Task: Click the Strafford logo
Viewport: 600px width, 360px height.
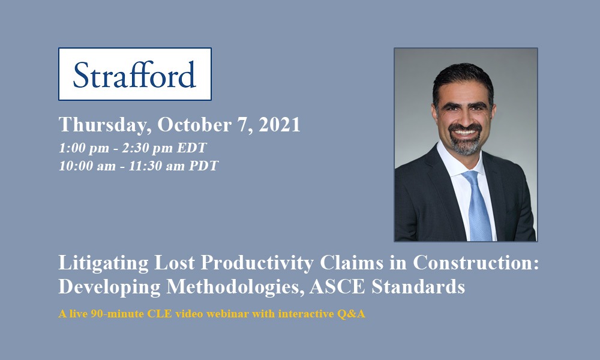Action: click(134, 74)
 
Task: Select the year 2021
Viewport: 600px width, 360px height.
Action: click(280, 124)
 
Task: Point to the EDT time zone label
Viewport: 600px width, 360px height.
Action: click(192, 148)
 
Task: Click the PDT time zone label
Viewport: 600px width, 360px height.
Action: click(203, 166)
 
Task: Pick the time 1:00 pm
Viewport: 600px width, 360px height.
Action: click(84, 148)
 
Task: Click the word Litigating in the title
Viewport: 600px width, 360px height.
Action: click(103, 263)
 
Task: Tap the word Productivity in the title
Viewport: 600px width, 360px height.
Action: click(257, 263)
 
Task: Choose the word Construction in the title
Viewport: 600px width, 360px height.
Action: click(476, 262)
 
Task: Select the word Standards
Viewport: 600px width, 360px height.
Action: click(418, 287)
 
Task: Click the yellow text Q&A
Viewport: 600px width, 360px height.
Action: click(351, 314)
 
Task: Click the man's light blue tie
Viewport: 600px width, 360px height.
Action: click(477, 206)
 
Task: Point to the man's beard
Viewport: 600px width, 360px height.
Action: click(465, 141)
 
